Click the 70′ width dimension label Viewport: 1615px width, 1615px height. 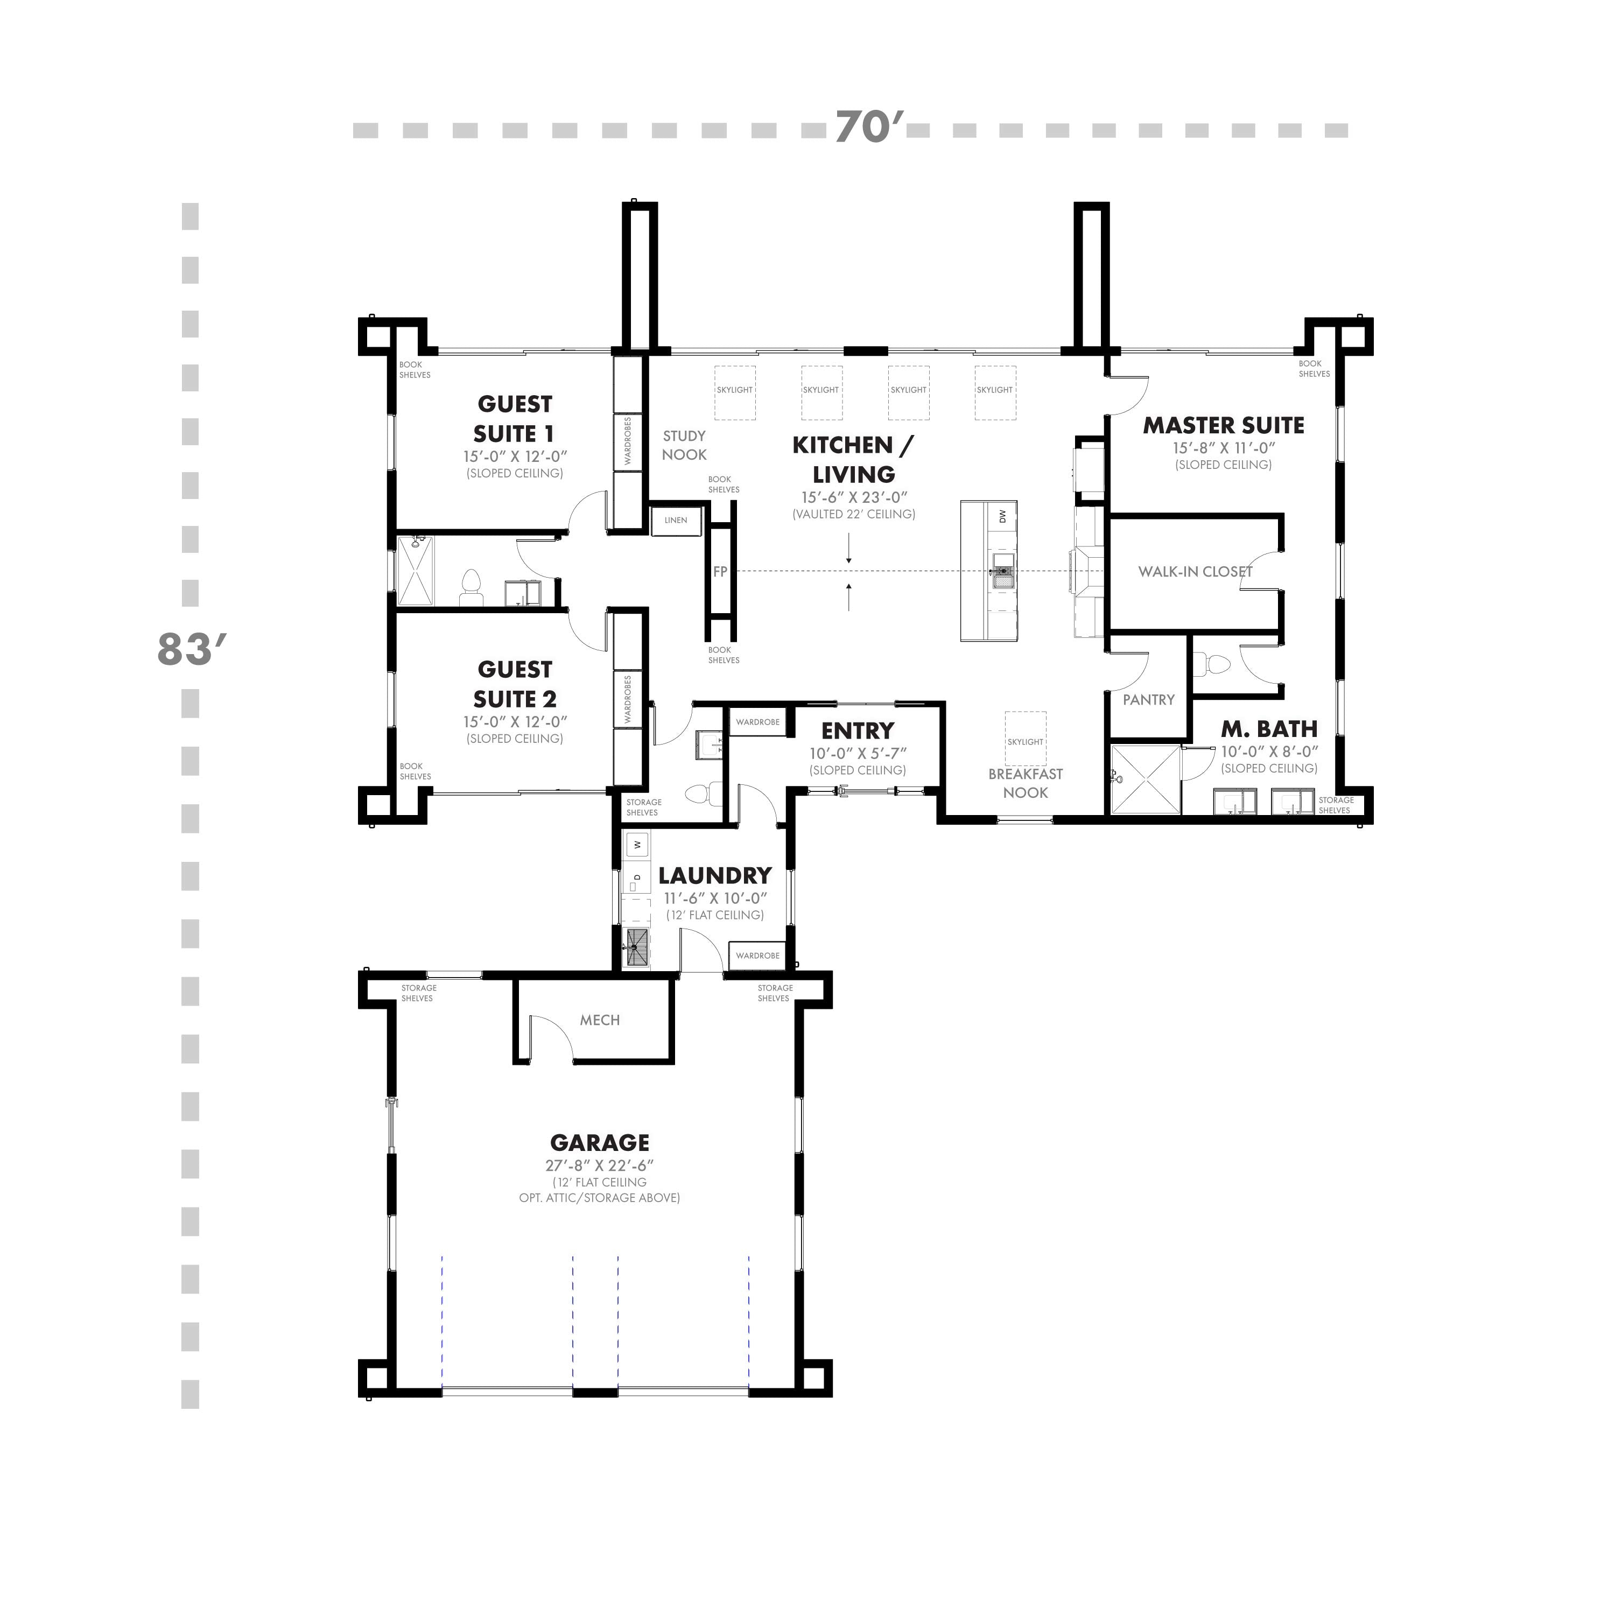[869, 128]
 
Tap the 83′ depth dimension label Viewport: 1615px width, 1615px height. [192, 650]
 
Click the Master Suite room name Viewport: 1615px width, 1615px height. [1224, 425]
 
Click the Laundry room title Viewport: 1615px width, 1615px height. [715, 875]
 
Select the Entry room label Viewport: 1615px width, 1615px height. [858, 731]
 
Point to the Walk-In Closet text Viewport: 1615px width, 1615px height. [1195, 572]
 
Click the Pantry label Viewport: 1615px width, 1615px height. [1149, 700]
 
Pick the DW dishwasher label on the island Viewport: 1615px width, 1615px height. [1003, 517]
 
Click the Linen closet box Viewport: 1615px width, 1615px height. [676, 520]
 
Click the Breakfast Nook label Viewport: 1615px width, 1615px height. [1025, 783]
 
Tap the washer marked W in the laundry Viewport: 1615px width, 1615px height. [637, 845]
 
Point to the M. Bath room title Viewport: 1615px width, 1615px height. [1269, 729]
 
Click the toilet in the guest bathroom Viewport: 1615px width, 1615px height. [472, 588]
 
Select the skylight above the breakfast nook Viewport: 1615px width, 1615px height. [1025, 738]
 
